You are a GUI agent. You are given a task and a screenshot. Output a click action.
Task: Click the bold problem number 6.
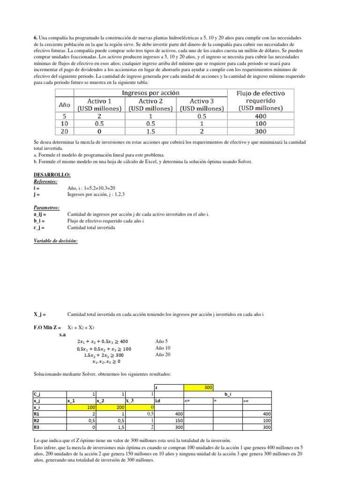35,37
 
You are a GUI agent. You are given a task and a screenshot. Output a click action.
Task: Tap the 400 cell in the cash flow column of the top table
261,116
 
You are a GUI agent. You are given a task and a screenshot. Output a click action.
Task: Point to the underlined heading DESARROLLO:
52,175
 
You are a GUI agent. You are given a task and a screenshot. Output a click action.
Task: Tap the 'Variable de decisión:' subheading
56,240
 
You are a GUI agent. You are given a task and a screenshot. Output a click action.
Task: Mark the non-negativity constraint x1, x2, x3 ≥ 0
106,361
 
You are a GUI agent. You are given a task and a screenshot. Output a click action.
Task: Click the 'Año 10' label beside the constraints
163,348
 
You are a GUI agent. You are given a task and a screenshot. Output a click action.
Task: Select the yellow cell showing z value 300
198,388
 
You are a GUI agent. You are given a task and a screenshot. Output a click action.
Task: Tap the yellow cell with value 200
111,408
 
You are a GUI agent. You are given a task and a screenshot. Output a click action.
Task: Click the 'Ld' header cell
158,401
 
